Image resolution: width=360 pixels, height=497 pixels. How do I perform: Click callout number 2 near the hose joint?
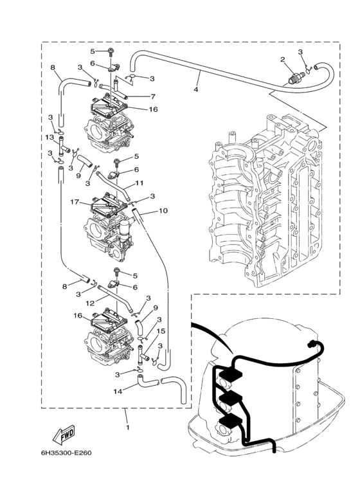tap(282, 60)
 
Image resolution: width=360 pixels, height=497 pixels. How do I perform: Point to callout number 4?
tap(195, 90)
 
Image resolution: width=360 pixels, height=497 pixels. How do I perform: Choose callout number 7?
tap(153, 96)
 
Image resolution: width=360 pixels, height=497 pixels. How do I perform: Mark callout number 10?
tap(163, 210)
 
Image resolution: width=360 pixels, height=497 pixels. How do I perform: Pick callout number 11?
tap(138, 184)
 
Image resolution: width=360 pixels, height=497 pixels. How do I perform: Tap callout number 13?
tap(49, 138)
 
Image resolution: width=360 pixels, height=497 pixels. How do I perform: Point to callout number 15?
tap(161, 331)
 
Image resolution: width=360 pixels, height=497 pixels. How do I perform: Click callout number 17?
tap(75, 203)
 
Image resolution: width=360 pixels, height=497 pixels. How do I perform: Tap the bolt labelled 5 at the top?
tap(113, 51)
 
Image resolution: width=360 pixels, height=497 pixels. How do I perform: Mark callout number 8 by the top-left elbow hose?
tap(53, 67)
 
